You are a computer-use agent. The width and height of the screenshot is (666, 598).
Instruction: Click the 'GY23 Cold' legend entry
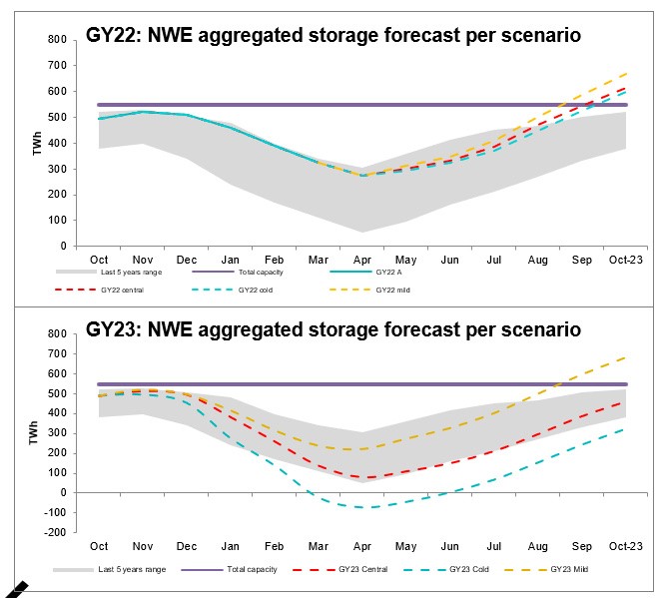point(458,569)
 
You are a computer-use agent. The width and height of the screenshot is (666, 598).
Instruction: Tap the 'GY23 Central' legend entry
point(331,569)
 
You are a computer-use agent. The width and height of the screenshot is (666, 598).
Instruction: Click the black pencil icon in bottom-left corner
point(12,588)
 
